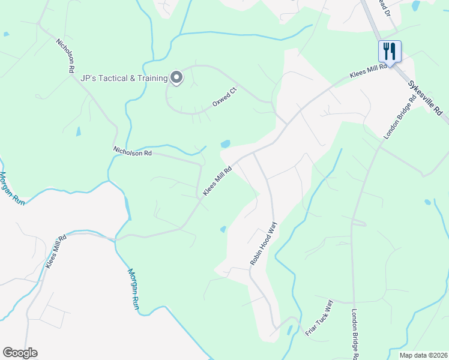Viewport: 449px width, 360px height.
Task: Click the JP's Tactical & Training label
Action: [x=124, y=78]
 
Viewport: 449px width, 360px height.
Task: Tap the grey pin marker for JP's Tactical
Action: [x=176, y=77]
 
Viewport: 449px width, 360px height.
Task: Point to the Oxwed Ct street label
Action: [x=225, y=97]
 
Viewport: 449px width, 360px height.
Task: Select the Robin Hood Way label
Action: [x=263, y=244]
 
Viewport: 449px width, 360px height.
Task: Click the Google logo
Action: [x=20, y=353]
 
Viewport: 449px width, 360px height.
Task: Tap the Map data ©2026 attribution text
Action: [x=423, y=355]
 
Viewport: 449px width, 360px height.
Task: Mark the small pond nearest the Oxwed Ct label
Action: [x=225, y=144]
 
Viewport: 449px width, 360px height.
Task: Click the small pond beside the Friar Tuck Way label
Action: [x=289, y=329]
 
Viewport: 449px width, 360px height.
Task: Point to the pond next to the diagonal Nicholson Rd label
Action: [x=78, y=131]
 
